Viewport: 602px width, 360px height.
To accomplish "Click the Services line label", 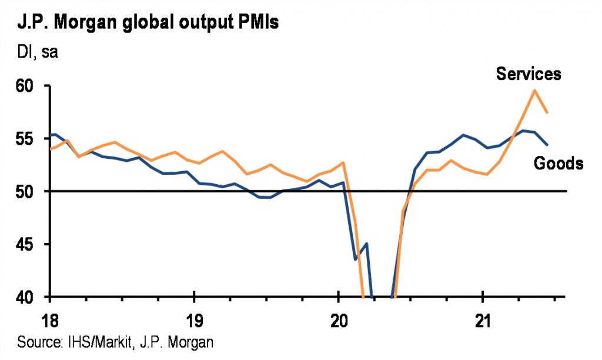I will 529,74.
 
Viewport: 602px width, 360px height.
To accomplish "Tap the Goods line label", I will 558,164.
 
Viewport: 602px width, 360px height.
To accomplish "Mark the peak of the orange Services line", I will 534,90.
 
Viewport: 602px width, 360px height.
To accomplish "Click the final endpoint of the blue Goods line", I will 548,145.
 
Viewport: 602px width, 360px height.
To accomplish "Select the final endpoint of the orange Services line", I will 548,112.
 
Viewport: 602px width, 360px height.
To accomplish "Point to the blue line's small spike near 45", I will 366,244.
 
